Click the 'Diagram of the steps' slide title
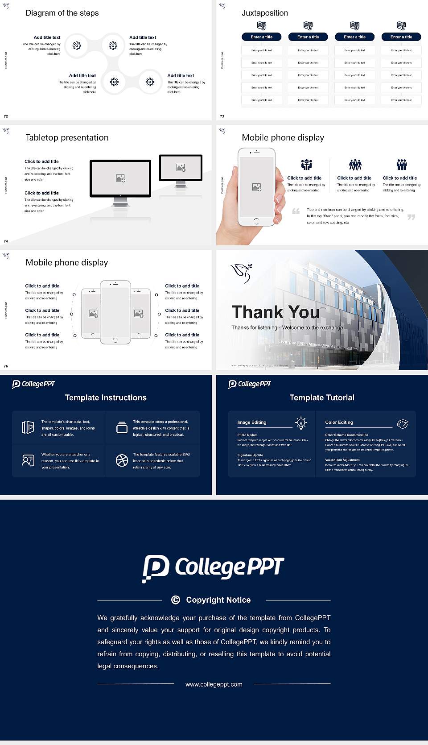coord(62,13)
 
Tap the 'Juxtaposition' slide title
coord(264,13)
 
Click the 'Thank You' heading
coord(275,312)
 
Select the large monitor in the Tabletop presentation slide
coord(120,178)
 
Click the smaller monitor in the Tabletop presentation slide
coord(181,168)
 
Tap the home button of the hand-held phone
coord(256,221)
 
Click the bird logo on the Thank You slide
coord(241,273)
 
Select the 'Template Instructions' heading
coord(106,397)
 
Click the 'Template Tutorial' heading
coord(322,397)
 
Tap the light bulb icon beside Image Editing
coord(301,423)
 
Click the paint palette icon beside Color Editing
coord(403,423)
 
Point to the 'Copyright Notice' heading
coord(218,600)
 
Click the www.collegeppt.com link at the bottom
coord(214,684)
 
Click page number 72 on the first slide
coord(6,116)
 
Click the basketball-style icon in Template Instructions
coord(122,460)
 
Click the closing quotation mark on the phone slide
coord(411,217)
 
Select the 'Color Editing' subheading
coord(339,422)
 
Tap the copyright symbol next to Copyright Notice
coord(176,600)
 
